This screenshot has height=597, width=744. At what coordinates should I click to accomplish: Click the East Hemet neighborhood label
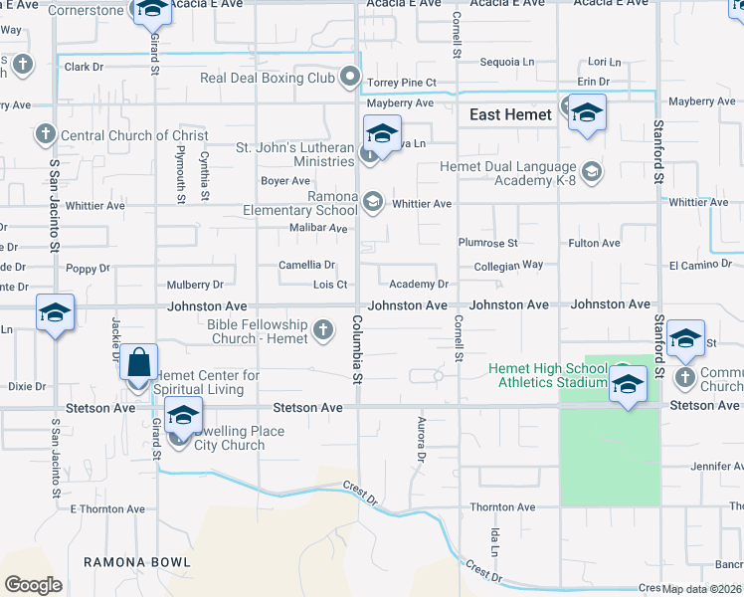click(510, 115)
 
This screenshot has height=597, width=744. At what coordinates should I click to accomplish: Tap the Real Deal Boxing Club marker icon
click(350, 76)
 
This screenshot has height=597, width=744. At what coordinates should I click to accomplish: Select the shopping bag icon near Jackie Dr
click(140, 362)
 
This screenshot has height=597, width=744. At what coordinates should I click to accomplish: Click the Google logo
click(33, 585)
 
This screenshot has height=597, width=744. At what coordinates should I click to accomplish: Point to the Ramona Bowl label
click(137, 562)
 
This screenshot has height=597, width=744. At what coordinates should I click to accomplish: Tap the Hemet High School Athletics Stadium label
click(548, 375)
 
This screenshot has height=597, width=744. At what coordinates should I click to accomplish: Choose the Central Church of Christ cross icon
click(44, 134)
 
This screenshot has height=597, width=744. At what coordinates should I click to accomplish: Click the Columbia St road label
click(356, 347)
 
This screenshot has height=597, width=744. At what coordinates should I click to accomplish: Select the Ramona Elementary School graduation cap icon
click(373, 203)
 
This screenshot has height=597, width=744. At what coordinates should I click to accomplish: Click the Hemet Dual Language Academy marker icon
click(592, 173)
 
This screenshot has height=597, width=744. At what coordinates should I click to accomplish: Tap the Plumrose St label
click(488, 243)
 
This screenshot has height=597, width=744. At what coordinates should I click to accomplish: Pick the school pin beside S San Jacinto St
click(55, 313)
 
